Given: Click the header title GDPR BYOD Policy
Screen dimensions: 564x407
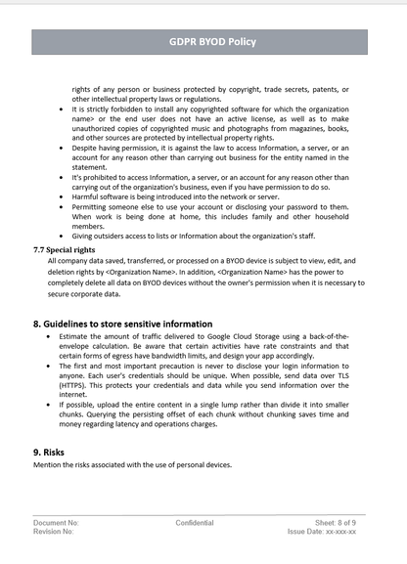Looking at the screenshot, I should pos(203,42).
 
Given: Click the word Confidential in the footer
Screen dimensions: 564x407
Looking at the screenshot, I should pos(195,523).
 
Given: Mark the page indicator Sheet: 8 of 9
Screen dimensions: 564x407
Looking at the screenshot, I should pos(336,523).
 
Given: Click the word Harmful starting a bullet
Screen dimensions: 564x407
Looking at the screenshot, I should pos(88,196).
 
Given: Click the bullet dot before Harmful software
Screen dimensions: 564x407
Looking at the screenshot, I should pos(63,196).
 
